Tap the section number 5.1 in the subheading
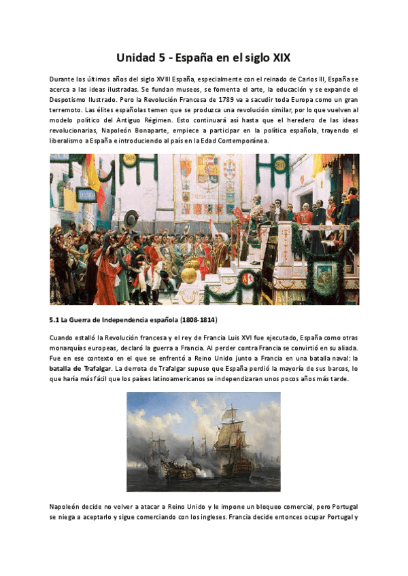(56, 319)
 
